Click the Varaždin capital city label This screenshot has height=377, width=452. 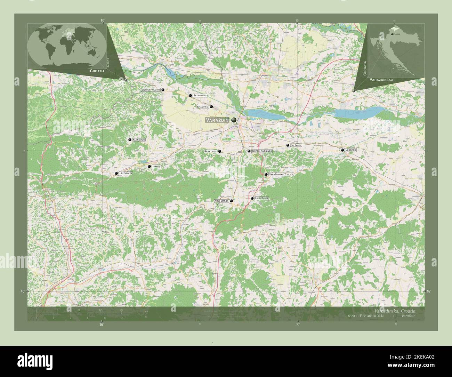[217, 120]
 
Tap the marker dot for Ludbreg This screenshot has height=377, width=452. [342, 150]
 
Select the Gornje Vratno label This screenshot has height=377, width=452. [151, 90]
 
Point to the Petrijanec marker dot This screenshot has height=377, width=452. [190, 95]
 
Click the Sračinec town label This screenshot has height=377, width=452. [202, 107]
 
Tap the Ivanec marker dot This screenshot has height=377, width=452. [149, 167]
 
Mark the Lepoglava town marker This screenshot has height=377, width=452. [116, 173]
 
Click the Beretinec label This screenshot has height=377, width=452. [211, 151]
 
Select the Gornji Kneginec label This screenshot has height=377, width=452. [262, 151]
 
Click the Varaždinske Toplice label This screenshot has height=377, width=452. [282, 174]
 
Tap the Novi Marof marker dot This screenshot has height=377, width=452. [231, 201]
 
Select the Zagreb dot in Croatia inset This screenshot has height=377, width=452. [393, 34]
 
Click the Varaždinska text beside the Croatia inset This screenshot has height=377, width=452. [381, 80]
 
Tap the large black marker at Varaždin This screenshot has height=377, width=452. [234, 120]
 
